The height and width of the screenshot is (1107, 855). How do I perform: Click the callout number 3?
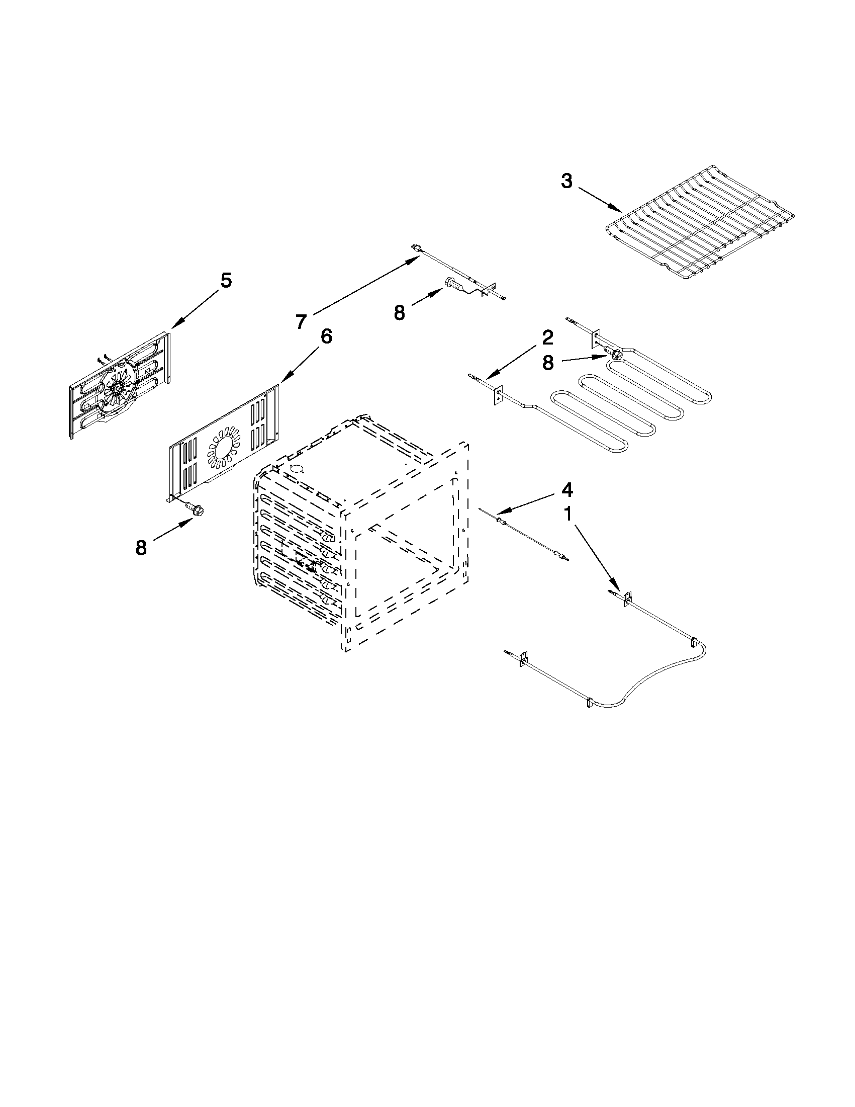567,182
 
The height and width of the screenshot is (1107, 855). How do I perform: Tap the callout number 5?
226,280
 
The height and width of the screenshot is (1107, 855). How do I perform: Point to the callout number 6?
326,336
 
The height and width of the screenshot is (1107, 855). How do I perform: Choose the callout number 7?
302,321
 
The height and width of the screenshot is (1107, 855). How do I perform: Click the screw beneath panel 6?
196,508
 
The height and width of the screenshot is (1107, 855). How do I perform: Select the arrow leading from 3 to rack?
600,200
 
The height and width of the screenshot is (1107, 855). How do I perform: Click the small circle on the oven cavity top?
298,468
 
